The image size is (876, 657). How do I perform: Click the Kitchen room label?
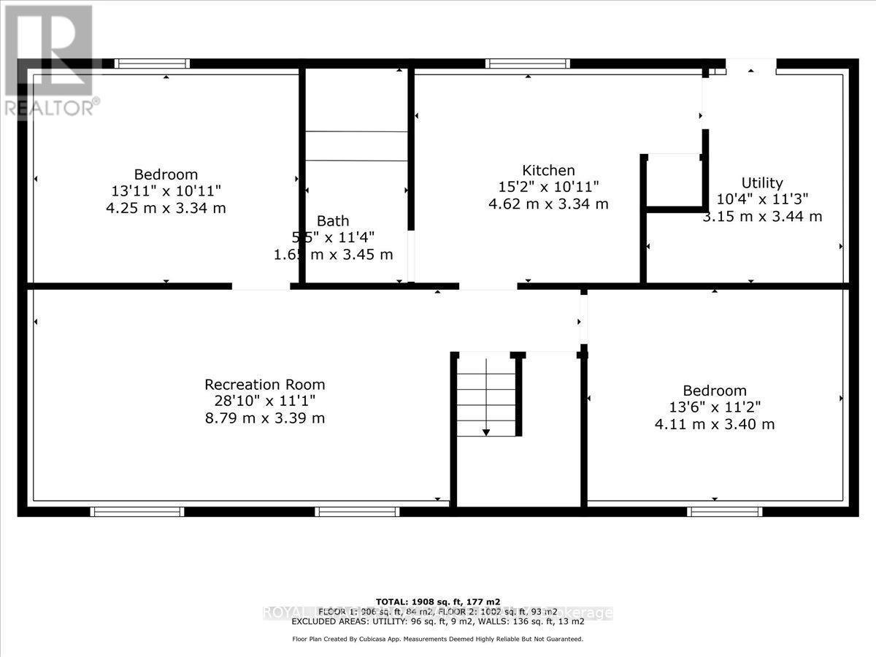pyautogui.click(x=548, y=170)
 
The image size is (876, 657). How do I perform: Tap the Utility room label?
pyautogui.click(x=762, y=182)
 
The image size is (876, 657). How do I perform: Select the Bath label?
pyautogui.click(x=333, y=220)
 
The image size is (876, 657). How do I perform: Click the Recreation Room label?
pyautogui.click(x=264, y=384)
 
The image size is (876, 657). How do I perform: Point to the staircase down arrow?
pyautogui.click(x=485, y=431)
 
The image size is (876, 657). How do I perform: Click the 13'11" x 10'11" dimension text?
pyautogui.click(x=166, y=191)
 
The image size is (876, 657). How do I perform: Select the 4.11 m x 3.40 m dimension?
pyautogui.click(x=715, y=424)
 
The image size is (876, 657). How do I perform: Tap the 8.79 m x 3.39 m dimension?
pyautogui.click(x=264, y=418)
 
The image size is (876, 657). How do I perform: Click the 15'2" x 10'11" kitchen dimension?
pyautogui.click(x=548, y=187)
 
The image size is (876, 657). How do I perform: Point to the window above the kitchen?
pyautogui.click(x=528, y=64)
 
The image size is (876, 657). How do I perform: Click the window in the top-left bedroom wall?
pyautogui.click(x=153, y=64)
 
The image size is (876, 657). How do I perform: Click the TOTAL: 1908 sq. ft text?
pyautogui.click(x=438, y=602)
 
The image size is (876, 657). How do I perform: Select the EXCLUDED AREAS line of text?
pyautogui.click(x=438, y=622)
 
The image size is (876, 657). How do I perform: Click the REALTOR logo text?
pyautogui.click(x=50, y=107)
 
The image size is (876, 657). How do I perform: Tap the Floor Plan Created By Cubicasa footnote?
pyautogui.click(x=438, y=639)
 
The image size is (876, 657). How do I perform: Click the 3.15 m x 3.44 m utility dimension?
pyautogui.click(x=762, y=217)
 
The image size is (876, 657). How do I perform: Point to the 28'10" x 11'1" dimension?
pyautogui.click(x=264, y=401)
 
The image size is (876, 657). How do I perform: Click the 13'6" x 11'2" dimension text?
pyautogui.click(x=715, y=407)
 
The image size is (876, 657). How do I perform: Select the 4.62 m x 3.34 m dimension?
pyautogui.click(x=548, y=204)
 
